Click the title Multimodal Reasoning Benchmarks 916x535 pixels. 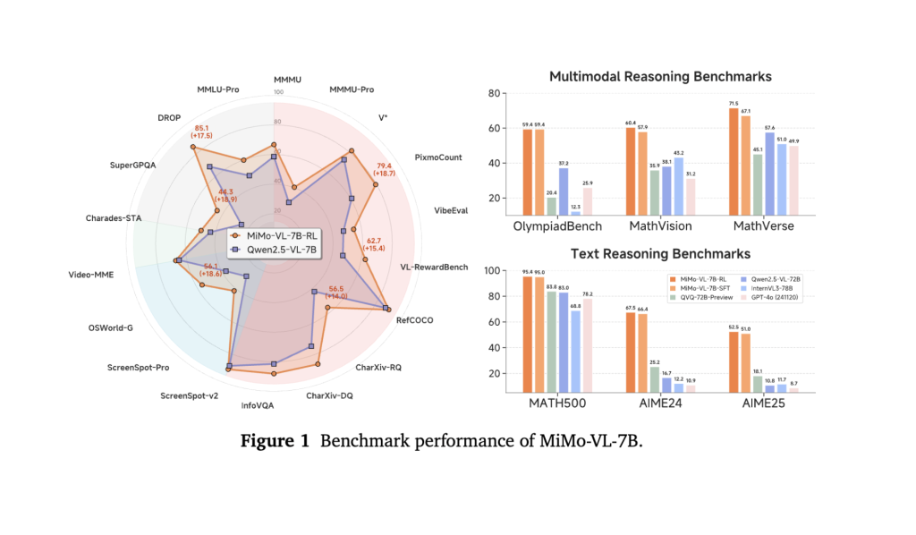(660, 76)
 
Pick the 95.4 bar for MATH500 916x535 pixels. (527, 335)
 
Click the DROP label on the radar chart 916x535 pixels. (168, 118)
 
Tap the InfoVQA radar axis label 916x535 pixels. (259, 405)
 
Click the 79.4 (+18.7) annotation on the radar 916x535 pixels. (385, 170)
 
